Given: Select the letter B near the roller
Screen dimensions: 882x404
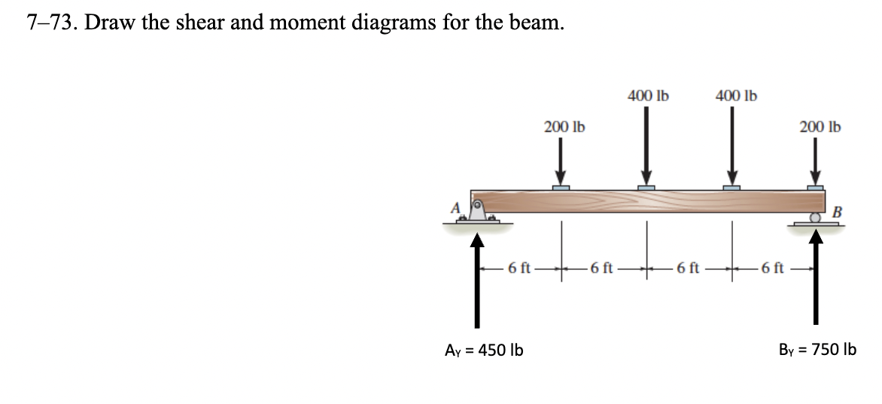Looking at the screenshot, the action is pyautogui.click(x=837, y=213).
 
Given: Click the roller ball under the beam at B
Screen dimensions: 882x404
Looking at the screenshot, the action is pyautogui.click(x=815, y=218).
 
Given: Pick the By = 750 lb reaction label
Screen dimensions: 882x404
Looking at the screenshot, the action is pyautogui.click(x=817, y=350).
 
